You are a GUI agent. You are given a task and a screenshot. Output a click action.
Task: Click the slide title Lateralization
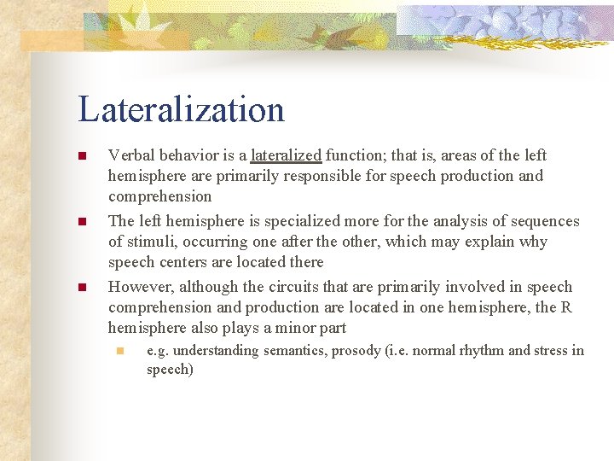tap(181, 110)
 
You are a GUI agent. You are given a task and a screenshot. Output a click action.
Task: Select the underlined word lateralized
tap(286, 155)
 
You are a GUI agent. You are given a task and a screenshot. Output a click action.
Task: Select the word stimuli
tap(148, 242)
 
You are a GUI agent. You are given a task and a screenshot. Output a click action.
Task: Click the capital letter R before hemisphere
tap(566, 307)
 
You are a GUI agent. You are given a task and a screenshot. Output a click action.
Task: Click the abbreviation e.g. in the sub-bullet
tap(159, 350)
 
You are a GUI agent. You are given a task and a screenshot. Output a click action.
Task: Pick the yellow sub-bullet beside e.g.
tap(120, 350)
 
